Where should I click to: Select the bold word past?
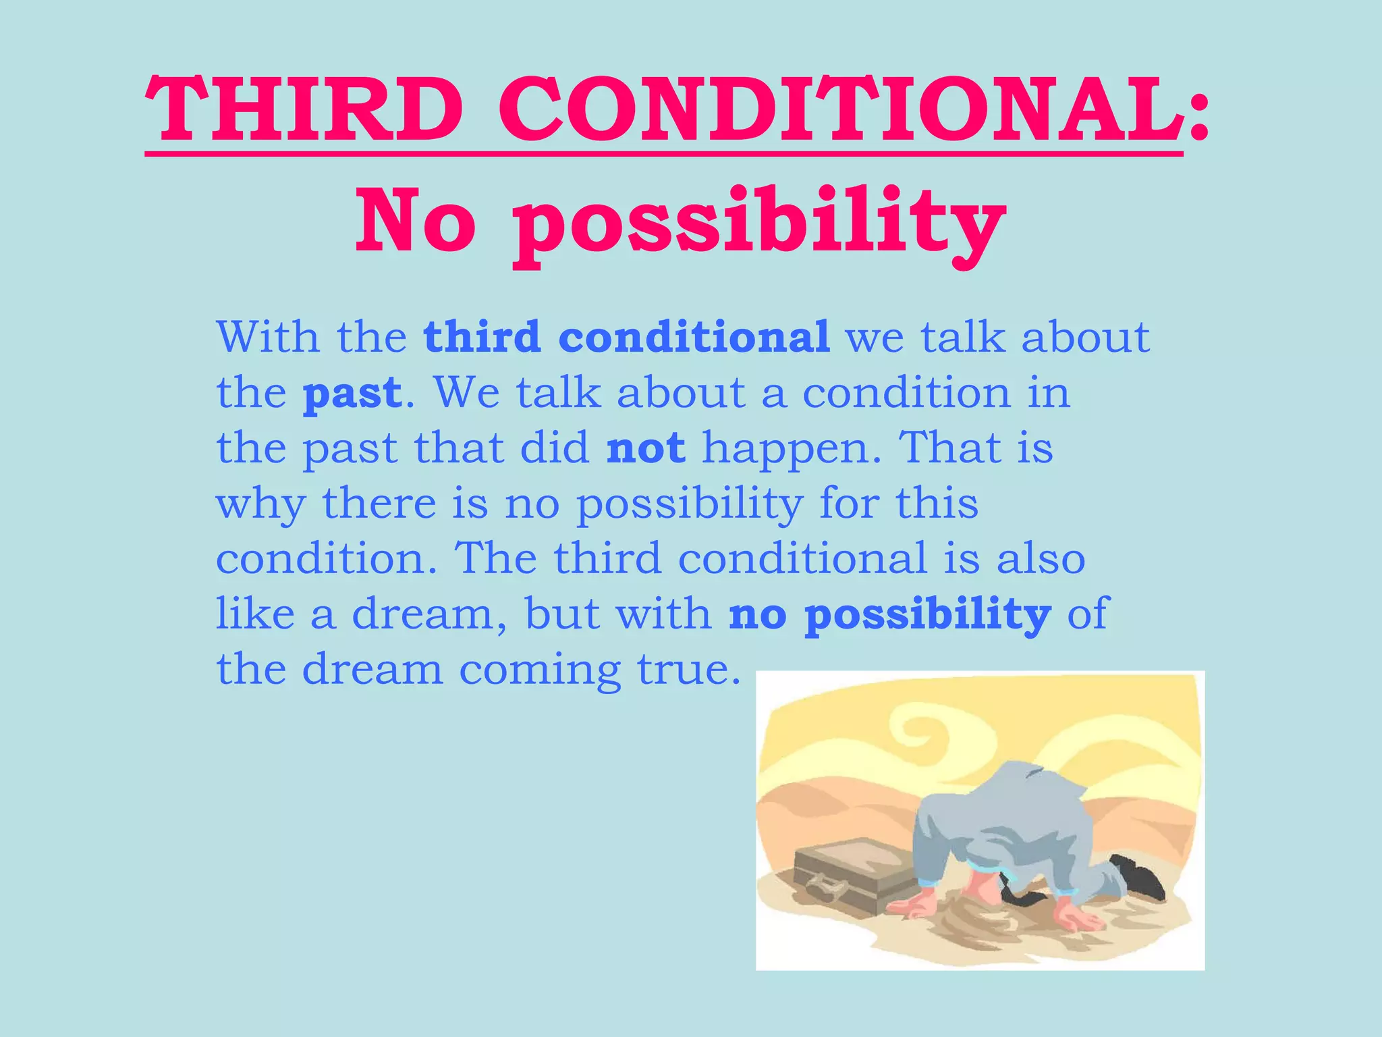pyautogui.click(x=352, y=393)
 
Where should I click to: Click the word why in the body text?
pyautogui.click(x=260, y=505)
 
